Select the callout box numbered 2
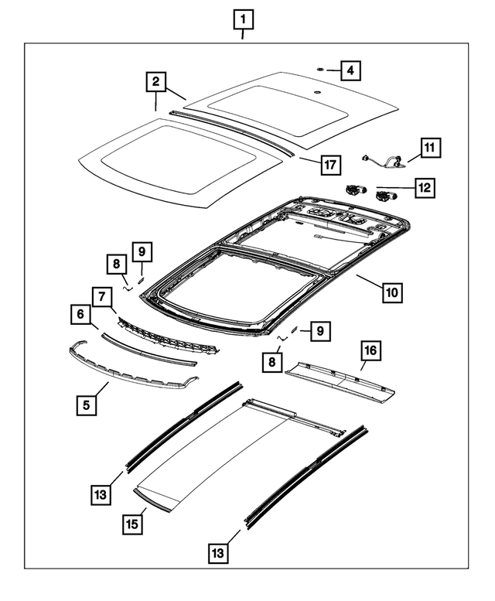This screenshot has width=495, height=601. click(155, 82)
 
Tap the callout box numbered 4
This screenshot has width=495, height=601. click(350, 70)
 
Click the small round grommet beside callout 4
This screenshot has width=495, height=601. click(318, 70)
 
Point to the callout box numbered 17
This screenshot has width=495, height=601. click(330, 164)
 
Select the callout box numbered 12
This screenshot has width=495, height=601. click(425, 186)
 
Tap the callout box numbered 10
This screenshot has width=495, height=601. click(391, 292)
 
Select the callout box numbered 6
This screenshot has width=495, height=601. click(80, 314)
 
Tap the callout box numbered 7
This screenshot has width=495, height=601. click(101, 295)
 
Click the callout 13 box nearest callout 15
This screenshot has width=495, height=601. click(100, 492)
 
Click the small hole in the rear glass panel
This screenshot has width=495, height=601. click(315, 92)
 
